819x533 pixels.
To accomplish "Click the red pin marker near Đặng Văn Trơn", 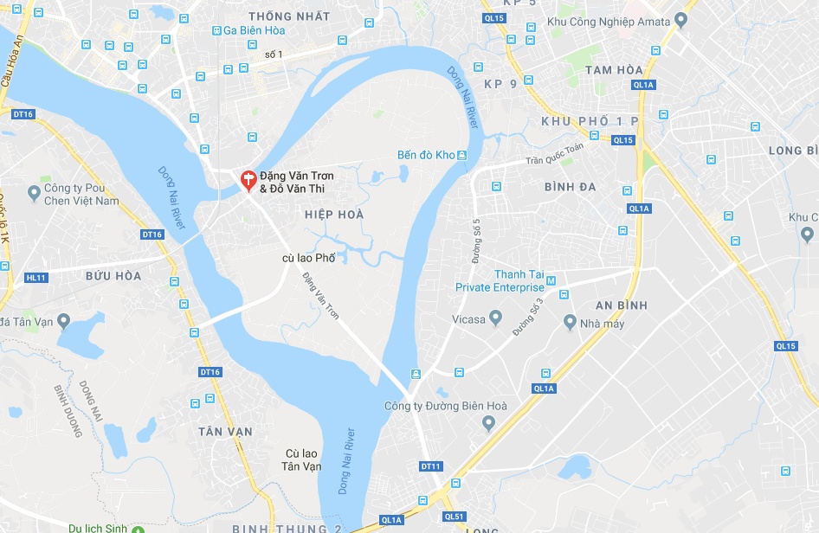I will (248, 180).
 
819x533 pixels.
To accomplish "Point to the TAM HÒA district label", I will (614, 69).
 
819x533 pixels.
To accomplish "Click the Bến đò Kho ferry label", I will (426, 156).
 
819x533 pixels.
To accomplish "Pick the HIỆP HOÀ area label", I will (334, 214).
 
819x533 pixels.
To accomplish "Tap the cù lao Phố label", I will (309, 258).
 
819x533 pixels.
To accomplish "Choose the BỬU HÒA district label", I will (113, 276).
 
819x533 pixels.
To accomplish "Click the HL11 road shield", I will (36, 278).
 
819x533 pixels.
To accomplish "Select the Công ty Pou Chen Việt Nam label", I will (81, 195).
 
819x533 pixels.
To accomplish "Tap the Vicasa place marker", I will (496, 319).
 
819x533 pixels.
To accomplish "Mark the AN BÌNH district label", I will (622, 305).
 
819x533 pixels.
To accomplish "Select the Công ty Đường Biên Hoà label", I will (447, 406).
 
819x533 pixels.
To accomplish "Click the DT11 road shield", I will (430, 466).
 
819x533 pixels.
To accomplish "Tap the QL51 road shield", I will (454, 517).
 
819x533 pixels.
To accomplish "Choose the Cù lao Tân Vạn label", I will (303, 459).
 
